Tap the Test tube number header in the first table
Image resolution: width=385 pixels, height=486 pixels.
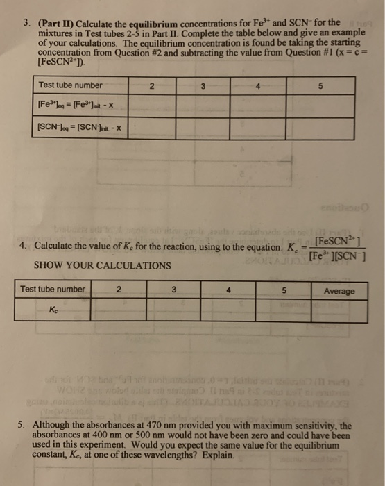coord(71,85)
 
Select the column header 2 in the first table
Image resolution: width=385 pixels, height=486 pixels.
coord(151,86)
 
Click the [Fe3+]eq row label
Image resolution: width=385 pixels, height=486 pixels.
coord(71,106)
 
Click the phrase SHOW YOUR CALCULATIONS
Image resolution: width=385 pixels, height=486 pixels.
coord(101,265)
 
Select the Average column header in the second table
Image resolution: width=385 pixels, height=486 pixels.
coord(341,290)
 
